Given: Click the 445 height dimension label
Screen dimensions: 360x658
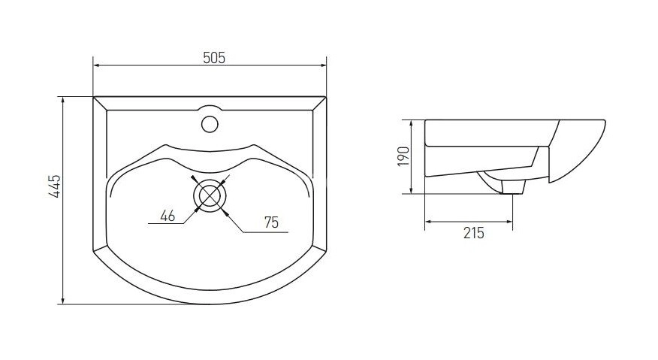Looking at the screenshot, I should point(53,186).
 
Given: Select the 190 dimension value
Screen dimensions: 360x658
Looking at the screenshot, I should point(403,156).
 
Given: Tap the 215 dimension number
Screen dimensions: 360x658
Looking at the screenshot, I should point(473,233).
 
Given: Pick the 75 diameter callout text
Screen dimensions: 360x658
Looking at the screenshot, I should point(273,222).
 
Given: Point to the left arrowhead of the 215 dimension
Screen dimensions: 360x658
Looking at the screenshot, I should point(429,222).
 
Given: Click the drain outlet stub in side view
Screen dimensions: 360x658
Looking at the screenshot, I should point(512,188).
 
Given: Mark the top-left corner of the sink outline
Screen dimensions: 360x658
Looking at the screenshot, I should point(93,97).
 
